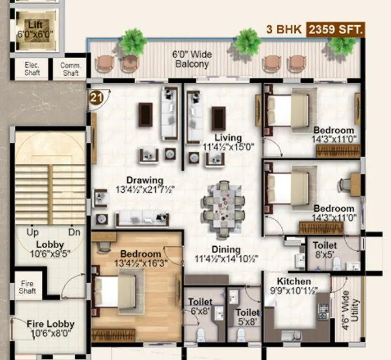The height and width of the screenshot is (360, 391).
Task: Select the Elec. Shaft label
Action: pyautogui.click(x=31, y=69)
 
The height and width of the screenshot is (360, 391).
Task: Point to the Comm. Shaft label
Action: pyautogui.click(x=70, y=69)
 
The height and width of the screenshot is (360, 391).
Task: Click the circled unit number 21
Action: pyautogui.click(x=97, y=97)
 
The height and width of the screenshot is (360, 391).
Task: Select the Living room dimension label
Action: pyautogui.click(x=228, y=142)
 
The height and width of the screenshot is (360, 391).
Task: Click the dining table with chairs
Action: pyautogui.click(x=225, y=205)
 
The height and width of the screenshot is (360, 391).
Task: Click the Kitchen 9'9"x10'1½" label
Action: pyautogui.click(x=294, y=286)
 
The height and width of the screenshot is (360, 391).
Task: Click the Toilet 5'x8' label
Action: pyautogui.click(x=247, y=316)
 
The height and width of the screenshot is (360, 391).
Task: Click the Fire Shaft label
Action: pyautogui.click(x=28, y=287)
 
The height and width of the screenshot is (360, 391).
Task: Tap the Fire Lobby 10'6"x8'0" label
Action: pyautogui.click(x=51, y=328)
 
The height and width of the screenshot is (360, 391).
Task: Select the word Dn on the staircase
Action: pyautogui.click(x=74, y=232)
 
